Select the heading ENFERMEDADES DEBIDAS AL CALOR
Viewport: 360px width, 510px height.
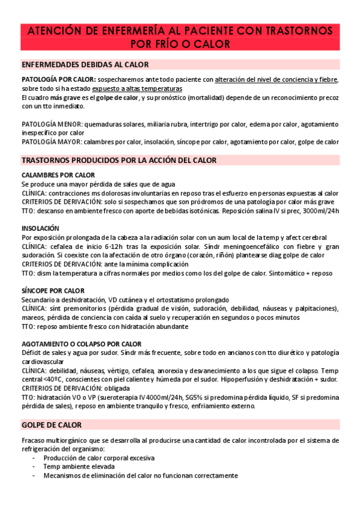click(x=85, y=65)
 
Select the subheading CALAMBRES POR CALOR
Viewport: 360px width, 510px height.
click(x=58, y=175)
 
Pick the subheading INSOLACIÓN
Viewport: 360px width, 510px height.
click(x=40, y=229)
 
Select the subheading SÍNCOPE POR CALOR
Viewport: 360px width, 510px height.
click(x=53, y=290)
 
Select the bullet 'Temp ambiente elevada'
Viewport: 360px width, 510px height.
click(x=78, y=466)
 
